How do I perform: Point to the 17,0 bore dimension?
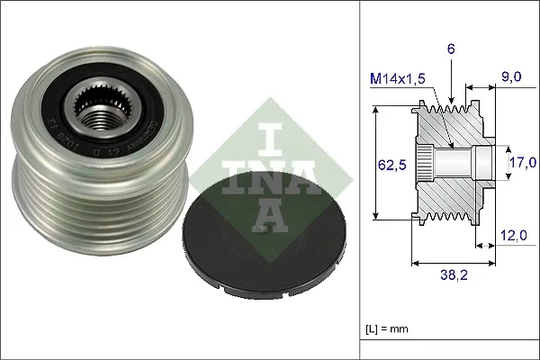(524, 162)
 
